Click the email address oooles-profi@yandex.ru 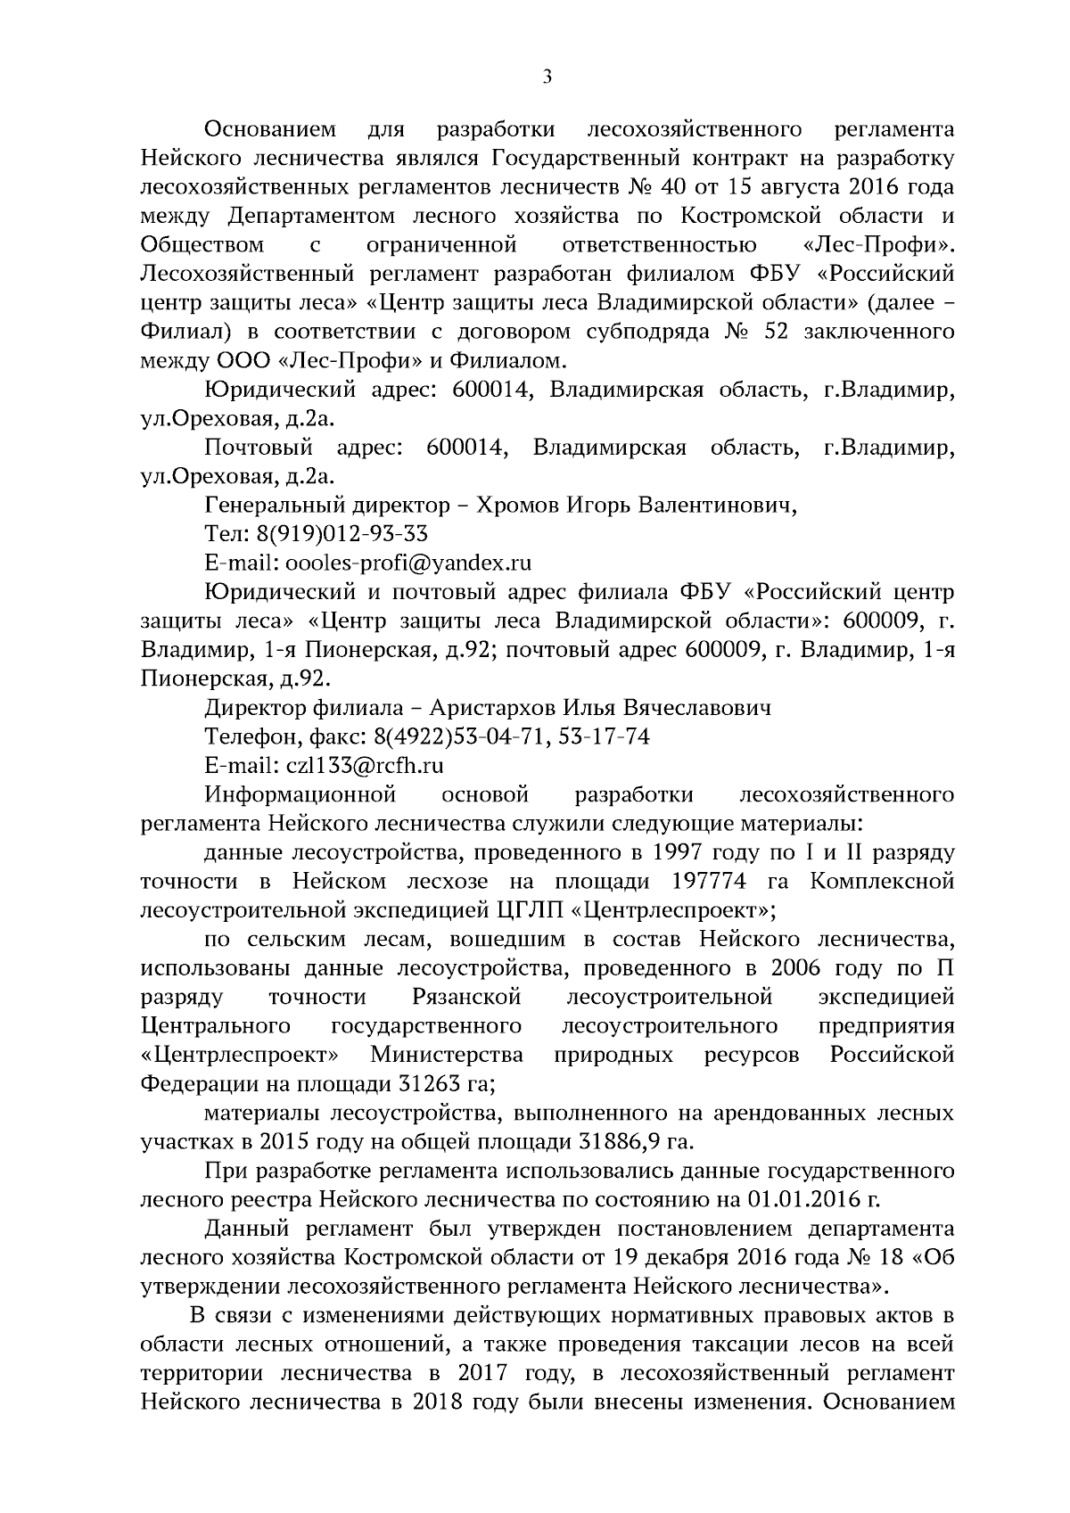(407, 563)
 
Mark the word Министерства (447, 1055)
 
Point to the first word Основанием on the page (269, 129)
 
